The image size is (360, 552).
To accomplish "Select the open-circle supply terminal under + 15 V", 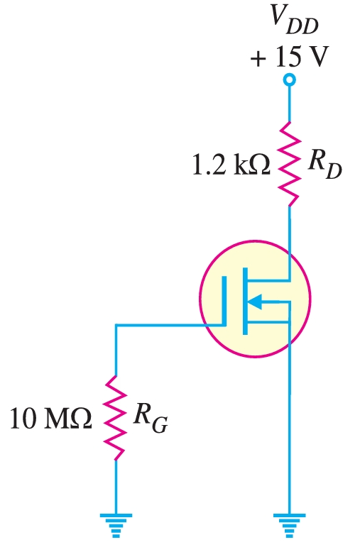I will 289,82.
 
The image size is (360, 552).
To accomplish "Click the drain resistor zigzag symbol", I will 289,164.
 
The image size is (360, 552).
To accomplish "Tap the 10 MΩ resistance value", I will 51,418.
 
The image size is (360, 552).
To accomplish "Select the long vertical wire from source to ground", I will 289,426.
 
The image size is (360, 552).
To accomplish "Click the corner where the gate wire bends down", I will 115,326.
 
